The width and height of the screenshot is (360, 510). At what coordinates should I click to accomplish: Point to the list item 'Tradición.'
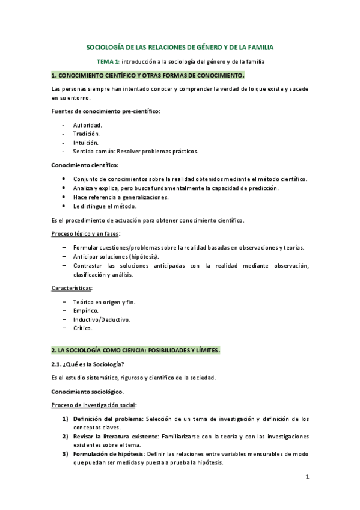pos(87,134)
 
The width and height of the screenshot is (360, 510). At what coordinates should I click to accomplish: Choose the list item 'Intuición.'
pos(86,143)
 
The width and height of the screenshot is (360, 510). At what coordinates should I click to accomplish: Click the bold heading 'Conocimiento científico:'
pos(85,165)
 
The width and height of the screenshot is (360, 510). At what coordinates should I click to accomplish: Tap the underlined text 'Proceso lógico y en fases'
pos(85,234)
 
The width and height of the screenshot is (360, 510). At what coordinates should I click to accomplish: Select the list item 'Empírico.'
pos(86,310)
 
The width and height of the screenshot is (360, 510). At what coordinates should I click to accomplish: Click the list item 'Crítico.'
pos(83,328)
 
